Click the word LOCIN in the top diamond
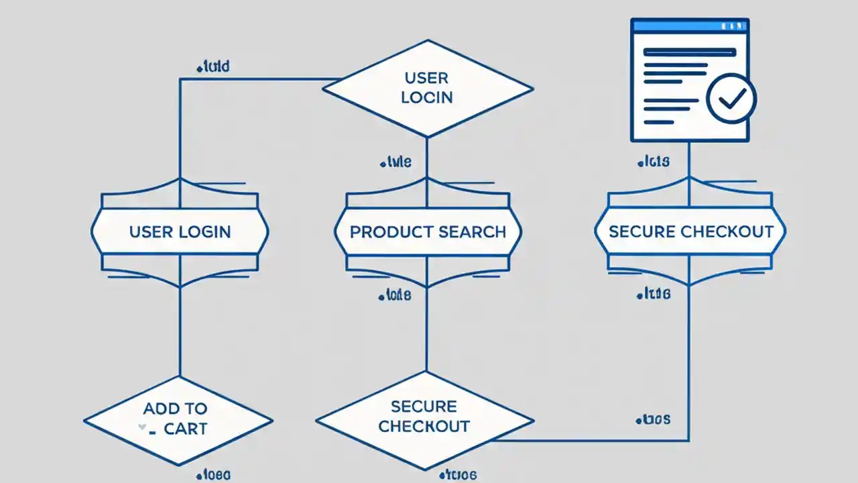(427, 97)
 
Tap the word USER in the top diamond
(427, 79)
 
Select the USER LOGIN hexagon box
(180, 232)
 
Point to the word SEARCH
(472, 232)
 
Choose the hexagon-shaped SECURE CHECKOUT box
(690, 232)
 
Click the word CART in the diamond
(186, 429)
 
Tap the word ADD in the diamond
(160, 409)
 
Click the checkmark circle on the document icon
(731, 99)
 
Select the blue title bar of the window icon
(690, 25)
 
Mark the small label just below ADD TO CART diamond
(214, 475)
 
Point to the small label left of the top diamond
(213, 66)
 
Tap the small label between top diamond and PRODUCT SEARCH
(395, 162)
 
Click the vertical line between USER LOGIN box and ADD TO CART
(180, 332)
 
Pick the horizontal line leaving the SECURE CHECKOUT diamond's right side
(590, 441)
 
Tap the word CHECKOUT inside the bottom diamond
(424, 427)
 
